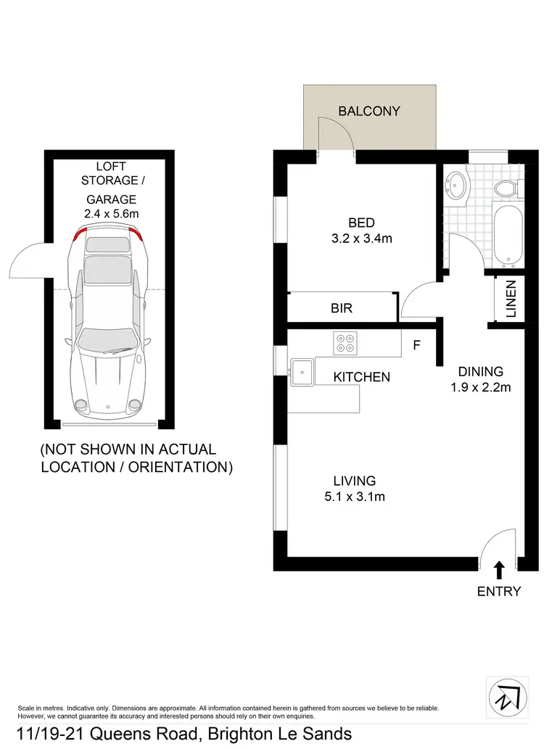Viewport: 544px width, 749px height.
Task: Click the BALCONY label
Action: pos(369,112)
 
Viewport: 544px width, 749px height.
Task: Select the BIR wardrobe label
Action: pos(341,308)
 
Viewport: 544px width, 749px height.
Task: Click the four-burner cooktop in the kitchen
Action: pos(345,342)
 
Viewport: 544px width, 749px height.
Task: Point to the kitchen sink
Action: pos(300,372)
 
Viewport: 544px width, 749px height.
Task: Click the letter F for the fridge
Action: pos(416,345)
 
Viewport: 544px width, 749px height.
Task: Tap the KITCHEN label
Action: pos(361,377)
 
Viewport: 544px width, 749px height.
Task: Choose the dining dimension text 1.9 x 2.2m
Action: pos(481,387)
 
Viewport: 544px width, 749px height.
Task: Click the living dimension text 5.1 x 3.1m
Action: pos(354,497)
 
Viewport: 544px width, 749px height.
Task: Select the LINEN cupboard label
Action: pos(511,299)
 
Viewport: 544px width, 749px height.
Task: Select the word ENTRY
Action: pos(498,592)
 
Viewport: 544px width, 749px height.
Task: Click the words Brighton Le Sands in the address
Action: pos(279,734)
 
